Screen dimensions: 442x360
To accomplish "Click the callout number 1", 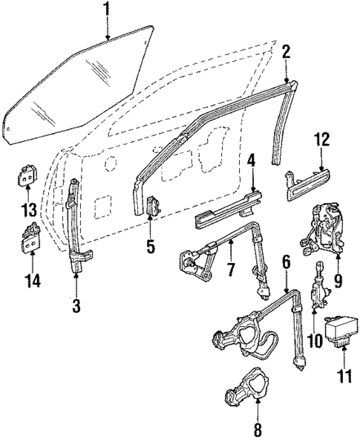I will [107, 10].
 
